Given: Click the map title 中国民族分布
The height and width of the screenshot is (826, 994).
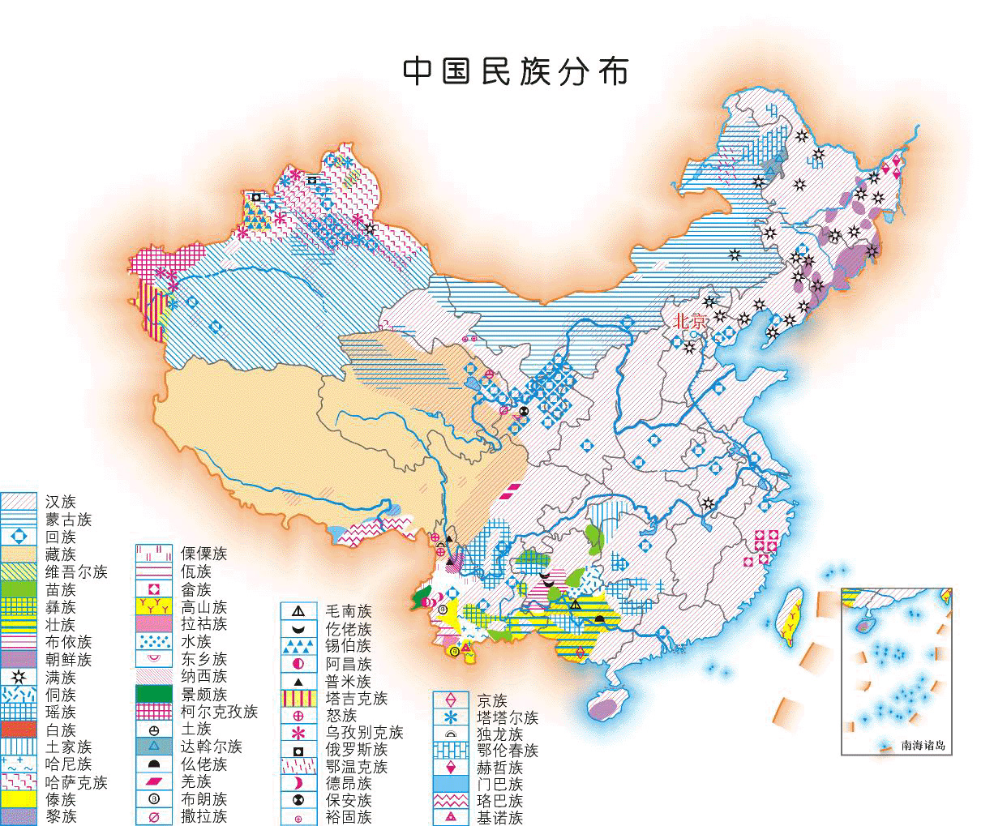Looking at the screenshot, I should click(516, 71).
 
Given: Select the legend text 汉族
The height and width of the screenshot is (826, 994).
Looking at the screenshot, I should click(60, 502).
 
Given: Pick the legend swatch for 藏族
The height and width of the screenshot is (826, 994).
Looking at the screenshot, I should click(19, 554).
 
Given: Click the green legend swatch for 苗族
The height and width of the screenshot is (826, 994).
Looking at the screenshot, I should click(19, 589).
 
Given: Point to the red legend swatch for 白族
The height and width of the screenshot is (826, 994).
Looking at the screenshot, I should click(19, 729).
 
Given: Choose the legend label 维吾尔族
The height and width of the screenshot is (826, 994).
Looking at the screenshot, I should click(76, 572).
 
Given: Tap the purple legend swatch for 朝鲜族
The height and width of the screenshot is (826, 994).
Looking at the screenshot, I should click(19, 659).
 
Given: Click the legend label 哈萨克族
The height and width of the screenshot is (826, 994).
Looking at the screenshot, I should click(76, 781).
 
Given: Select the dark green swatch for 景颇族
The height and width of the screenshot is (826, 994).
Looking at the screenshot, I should click(154, 694).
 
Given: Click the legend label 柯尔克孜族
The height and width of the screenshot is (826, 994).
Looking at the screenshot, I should click(219, 712).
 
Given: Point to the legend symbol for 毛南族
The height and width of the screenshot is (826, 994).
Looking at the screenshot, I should click(298, 611).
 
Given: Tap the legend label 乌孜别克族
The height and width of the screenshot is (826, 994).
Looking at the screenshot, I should click(364, 733).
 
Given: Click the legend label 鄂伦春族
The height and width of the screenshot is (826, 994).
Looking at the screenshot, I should click(508, 751).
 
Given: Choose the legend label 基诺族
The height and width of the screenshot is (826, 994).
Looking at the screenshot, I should click(499, 818).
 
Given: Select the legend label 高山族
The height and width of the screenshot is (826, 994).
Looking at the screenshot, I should click(203, 607).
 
